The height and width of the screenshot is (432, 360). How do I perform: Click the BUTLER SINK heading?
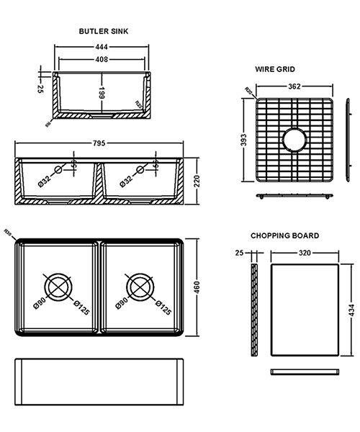(x=104, y=32)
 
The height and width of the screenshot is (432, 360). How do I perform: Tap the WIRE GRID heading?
(x=274, y=69)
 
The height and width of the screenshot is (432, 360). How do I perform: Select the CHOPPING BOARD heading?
(x=284, y=235)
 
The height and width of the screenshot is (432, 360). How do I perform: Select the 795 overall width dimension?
(x=99, y=143)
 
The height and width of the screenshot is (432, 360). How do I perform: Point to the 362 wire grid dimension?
(x=294, y=86)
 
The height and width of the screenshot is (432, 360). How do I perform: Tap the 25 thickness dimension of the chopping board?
(x=240, y=253)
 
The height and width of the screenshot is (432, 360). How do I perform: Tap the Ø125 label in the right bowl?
(x=165, y=310)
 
